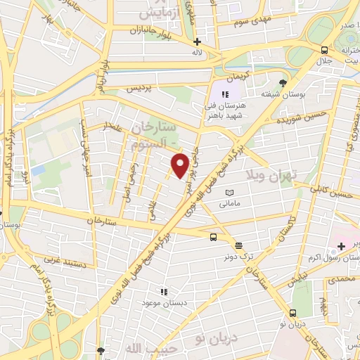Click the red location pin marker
[x=181, y=165]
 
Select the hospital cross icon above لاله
[x=198, y=41]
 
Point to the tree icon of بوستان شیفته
[x=284, y=82]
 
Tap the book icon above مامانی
[x=229, y=193]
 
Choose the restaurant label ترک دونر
[x=239, y=257]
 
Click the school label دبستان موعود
[x=163, y=301]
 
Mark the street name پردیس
[x=139, y=89]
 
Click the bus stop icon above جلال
[x=323, y=50]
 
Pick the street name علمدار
[x=115, y=126]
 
